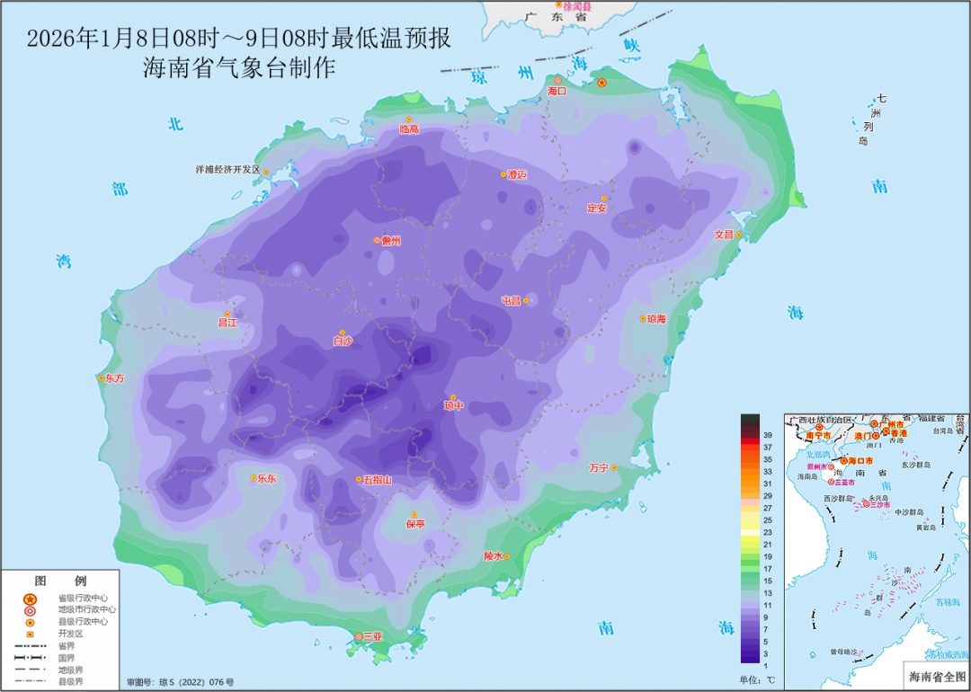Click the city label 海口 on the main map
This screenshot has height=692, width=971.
point(557,92)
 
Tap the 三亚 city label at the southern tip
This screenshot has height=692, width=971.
point(372,637)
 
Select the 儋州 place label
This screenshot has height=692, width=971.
point(390,241)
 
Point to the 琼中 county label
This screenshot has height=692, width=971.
point(454,406)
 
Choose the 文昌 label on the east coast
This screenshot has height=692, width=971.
point(724,235)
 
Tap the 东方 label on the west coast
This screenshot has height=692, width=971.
point(115,378)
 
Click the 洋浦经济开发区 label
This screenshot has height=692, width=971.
point(227,169)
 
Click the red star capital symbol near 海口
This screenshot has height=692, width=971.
point(602,84)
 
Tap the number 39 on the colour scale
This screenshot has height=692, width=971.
point(768,435)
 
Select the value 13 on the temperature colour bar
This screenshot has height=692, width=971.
point(768,593)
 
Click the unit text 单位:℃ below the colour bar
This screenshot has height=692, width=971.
point(757,679)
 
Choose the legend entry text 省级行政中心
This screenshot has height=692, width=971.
point(83,599)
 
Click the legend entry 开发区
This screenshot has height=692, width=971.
point(71,634)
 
